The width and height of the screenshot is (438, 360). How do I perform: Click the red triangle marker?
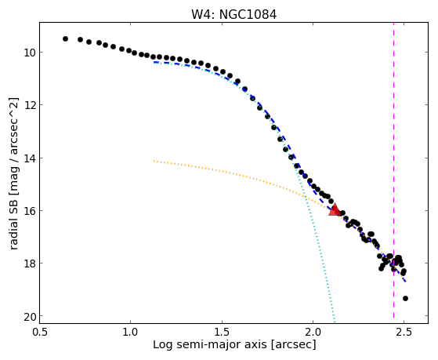(x=335, y=210)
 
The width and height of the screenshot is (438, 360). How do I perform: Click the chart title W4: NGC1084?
(x=233, y=15)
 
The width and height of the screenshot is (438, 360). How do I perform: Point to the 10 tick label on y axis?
(x=30, y=53)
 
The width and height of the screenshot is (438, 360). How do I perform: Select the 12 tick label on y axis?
(x=30, y=105)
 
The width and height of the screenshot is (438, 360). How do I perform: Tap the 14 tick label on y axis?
(x=30, y=158)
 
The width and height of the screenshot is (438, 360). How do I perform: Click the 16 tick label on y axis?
(x=30, y=211)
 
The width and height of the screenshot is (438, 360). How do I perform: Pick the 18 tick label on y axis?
(x=30, y=264)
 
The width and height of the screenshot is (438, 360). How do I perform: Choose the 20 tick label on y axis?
(x=30, y=316)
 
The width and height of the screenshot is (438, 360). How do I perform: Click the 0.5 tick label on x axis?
(x=40, y=332)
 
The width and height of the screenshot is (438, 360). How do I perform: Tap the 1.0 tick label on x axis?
(x=131, y=332)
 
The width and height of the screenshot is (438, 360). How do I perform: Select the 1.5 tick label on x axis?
(x=222, y=332)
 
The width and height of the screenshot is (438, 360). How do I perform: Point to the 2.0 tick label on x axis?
(x=313, y=332)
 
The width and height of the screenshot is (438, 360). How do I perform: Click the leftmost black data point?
(x=65, y=39)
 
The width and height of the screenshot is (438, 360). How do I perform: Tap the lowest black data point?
(x=405, y=299)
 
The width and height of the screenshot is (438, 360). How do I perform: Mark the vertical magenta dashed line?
(x=393, y=170)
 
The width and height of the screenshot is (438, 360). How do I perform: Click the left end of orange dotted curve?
(x=154, y=161)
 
